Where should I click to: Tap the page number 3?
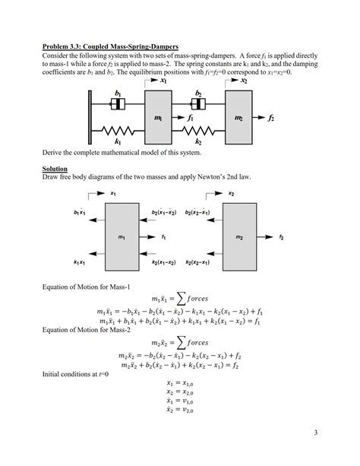coord(315,433)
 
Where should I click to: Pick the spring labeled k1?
coord(119,132)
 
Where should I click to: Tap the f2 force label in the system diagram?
coord(272,119)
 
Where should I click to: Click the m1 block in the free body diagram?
coord(122,238)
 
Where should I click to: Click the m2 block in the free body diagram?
coord(239,238)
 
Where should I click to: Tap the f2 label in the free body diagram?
coord(281,237)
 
